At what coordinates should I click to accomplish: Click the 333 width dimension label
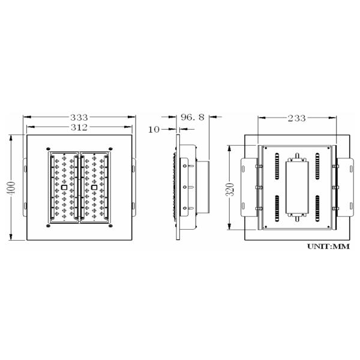79,118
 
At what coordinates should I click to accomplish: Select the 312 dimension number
79,127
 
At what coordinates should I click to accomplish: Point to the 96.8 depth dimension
191,118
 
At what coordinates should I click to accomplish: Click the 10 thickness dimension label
154,129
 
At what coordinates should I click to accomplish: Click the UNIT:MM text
328,247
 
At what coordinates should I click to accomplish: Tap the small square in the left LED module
64,188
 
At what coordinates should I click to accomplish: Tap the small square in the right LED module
94,188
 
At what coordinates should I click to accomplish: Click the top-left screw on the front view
49,148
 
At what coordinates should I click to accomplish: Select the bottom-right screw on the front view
110,227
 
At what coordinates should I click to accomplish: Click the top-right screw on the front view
110,148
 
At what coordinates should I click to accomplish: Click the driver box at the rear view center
297,187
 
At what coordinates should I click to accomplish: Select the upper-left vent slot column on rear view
277,165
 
